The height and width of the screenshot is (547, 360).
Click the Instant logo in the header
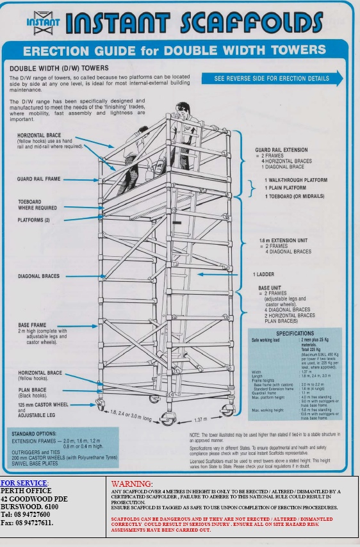click(x=43, y=23)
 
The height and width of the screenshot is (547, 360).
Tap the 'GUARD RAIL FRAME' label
click(x=40, y=179)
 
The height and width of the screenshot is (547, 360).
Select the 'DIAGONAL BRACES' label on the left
click(x=39, y=277)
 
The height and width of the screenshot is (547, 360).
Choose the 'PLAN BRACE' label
click(x=33, y=389)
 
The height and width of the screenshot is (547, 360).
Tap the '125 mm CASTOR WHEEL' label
click(x=43, y=405)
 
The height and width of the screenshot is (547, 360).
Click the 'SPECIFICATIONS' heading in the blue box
click(x=295, y=334)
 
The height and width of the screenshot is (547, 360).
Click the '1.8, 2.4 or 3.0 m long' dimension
click(x=131, y=414)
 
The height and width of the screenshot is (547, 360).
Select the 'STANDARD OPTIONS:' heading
click(x=33, y=434)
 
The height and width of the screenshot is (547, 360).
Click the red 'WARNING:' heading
click(x=132, y=483)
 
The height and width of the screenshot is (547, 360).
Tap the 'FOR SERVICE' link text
click(x=24, y=482)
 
